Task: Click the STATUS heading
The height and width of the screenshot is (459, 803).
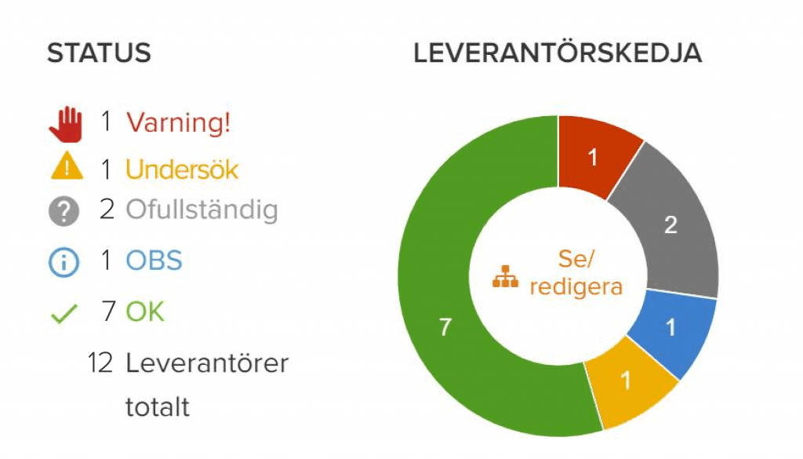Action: click(100, 53)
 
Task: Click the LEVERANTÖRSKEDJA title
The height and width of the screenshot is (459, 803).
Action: click(558, 53)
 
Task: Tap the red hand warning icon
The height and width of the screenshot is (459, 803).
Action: click(66, 125)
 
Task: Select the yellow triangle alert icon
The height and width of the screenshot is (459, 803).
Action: click(67, 166)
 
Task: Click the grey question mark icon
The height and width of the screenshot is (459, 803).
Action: click(64, 211)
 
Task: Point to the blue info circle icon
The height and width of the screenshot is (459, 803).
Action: click(64, 262)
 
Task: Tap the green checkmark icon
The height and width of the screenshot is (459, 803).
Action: click(64, 314)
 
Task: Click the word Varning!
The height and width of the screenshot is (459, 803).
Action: click(178, 123)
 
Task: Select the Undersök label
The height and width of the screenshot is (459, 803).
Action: click(182, 169)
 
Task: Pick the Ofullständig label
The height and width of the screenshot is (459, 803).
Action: click(202, 210)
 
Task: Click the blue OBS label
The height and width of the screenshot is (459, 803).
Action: click(154, 260)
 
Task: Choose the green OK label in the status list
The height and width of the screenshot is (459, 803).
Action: click(145, 311)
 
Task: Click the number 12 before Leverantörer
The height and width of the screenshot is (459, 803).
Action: click(100, 363)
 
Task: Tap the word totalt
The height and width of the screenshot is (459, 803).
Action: click(157, 407)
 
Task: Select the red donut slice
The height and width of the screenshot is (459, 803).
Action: click(594, 154)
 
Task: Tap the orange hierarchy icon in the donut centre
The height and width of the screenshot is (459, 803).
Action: click(506, 276)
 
